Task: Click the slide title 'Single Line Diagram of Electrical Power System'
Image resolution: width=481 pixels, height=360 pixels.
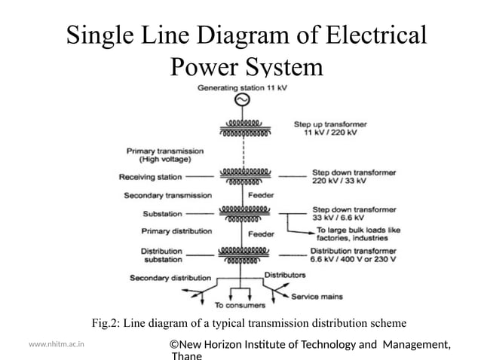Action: [246, 51]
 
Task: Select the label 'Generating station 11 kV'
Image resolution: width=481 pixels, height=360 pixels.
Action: [242, 87]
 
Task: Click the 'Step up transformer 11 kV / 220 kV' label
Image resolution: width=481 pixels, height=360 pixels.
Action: [335, 128]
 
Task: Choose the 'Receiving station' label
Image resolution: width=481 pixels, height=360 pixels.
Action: [150, 177]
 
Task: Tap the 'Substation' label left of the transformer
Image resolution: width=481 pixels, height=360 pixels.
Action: [161, 213]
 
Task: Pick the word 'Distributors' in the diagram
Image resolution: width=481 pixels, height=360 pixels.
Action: [284, 275]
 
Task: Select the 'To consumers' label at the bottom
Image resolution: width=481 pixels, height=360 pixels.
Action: [240, 306]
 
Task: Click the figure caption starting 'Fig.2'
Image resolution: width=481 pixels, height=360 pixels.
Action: [249, 324]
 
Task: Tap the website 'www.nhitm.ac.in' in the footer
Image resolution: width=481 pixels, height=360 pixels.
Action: [56, 344]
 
